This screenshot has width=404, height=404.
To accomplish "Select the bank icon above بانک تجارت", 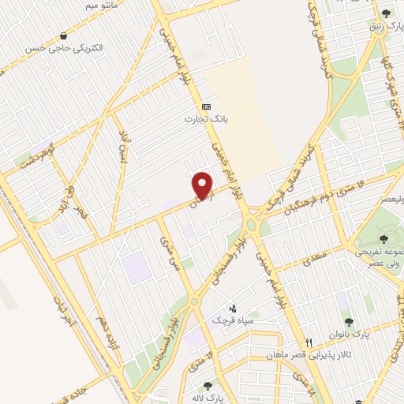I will (x=207, y=106).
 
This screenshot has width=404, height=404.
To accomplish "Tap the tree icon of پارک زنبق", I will (x=385, y=13).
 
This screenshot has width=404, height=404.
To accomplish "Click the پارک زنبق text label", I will (x=386, y=27).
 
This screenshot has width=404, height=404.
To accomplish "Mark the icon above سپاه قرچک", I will (x=233, y=309).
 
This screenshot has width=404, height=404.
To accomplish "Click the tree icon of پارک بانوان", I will (x=349, y=321).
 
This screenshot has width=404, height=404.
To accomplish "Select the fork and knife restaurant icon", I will (x=310, y=343).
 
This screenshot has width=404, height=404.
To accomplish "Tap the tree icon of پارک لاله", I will (x=207, y=386).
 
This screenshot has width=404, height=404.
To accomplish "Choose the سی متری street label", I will (x=170, y=250).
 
